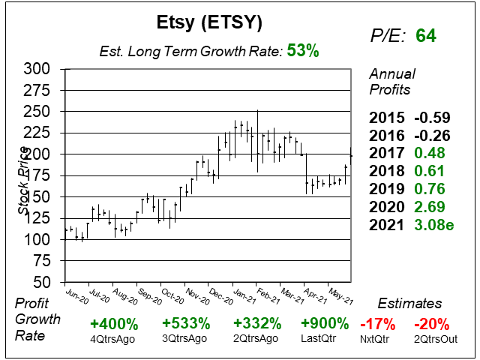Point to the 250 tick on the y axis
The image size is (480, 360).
(37, 111)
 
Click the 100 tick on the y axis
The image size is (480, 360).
(37, 239)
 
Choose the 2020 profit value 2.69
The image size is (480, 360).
(436, 206)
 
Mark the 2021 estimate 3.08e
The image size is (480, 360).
(439, 224)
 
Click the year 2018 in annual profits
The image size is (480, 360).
(385, 171)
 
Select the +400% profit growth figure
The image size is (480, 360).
(113, 324)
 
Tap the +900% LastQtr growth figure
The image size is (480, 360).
(324, 324)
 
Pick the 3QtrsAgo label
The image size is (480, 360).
(184, 338)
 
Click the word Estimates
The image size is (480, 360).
(410, 304)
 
